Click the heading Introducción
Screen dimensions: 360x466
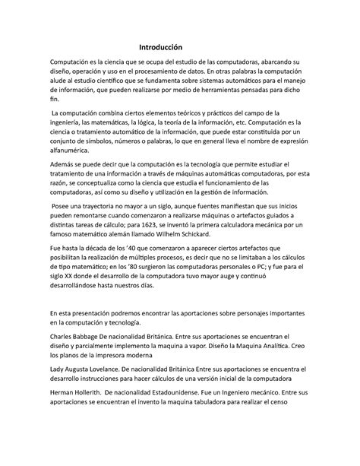179,46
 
